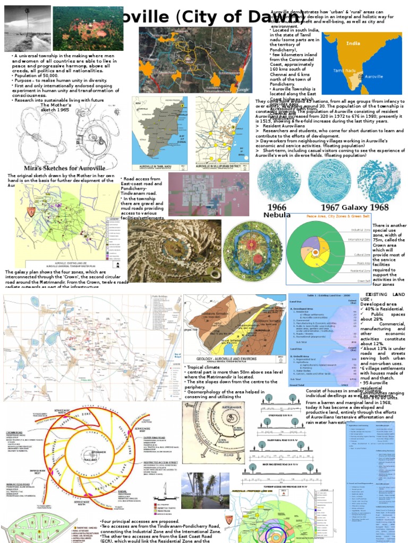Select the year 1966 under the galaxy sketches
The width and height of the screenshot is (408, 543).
pyautogui.click(x=276, y=207)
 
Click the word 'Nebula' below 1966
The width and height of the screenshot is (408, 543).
pyautogui.click(x=277, y=215)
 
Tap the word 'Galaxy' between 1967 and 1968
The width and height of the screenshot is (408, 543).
pyautogui.click(x=354, y=207)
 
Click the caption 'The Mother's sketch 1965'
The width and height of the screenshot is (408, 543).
pyautogui.click(x=55, y=108)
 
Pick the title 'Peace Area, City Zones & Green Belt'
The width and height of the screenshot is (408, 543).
pyautogui.click(x=322, y=217)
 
